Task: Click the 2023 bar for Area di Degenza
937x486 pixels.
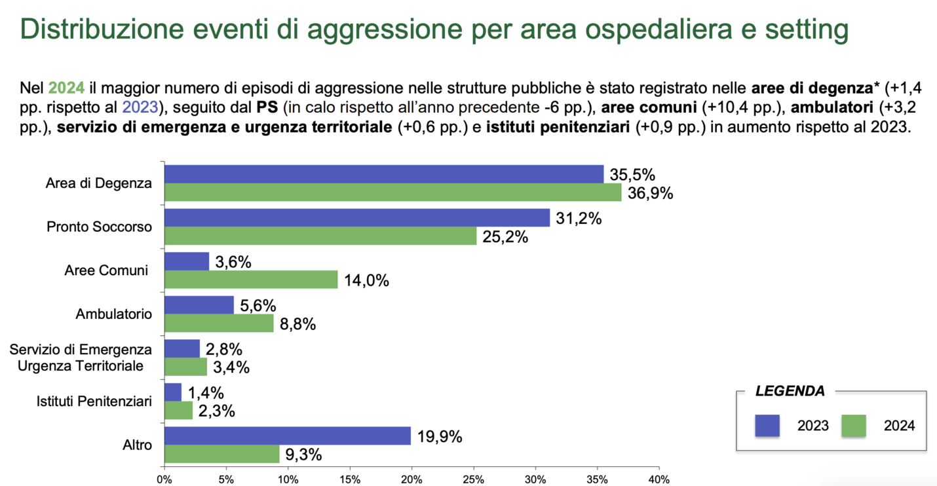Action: pos(383,174)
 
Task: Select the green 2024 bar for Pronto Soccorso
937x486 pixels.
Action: pos(320,236)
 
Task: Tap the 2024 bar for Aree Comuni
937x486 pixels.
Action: pos(251,280)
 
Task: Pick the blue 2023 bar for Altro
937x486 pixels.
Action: pos(288,436)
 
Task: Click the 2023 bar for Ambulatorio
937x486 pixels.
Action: pos(199,305)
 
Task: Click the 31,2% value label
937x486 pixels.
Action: pos(578,219)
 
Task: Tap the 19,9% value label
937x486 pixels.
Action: pos(439,436)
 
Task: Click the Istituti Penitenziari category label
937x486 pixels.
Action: pos(94,401)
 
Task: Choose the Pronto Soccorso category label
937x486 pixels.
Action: pos(99,227)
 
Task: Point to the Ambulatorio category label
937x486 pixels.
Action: pos(113,314)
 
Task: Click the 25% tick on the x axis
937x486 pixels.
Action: pos(474,479)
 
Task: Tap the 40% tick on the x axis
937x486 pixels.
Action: pos(659,479)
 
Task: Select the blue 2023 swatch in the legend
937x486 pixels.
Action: pos(767,426)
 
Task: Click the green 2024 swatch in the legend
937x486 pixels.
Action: pos(854,426)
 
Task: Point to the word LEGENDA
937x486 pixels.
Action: pos(790,392)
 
